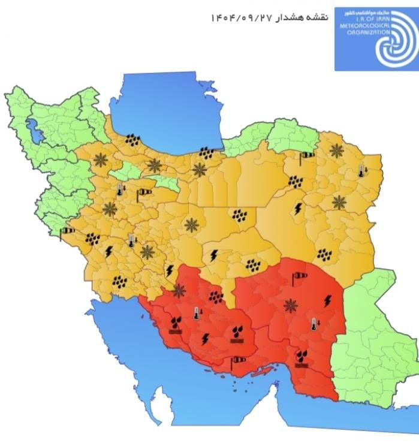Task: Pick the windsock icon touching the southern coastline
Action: click(x=239, y=360)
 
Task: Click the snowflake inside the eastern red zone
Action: click(x=291, y=306)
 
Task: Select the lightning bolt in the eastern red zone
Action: click(x=327, y=300)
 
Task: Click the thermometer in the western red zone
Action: click(x=195, y=313)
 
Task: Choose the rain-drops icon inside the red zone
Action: click(x=216, y=296)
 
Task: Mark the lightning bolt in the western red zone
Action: click(x=206, y=339)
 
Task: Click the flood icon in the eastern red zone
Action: click(x=302, y=357)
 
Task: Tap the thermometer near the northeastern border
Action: click(x=361, y=171)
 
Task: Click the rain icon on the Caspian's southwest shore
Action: click(x=133, y=141)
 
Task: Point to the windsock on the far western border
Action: click(x=67, y=231)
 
